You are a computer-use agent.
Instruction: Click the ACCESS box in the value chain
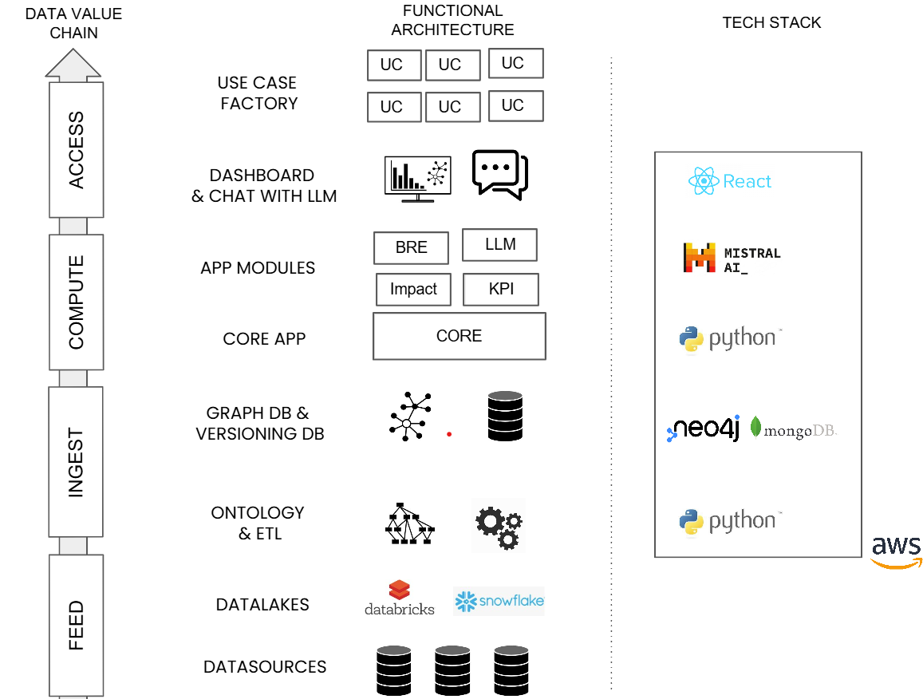point(77,149)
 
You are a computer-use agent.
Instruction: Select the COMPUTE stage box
point(77,302)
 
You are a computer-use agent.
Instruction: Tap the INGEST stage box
point(76,462)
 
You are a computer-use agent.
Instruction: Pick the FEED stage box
point(77,626)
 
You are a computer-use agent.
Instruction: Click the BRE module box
point(411,248)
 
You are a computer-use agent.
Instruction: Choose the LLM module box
point(499,244)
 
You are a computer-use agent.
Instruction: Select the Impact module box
point(413,289)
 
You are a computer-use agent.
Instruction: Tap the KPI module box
point(501,289)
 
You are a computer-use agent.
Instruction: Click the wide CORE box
point(460,336)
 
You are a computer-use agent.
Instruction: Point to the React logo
point(730,181)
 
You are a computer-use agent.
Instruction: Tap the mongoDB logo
point(794,429)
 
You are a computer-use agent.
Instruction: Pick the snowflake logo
point(499,601)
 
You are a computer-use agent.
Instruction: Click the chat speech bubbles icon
point(499,174)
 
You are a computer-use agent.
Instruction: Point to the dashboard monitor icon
point(418,179)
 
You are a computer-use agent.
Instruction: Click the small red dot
point(449,435)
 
